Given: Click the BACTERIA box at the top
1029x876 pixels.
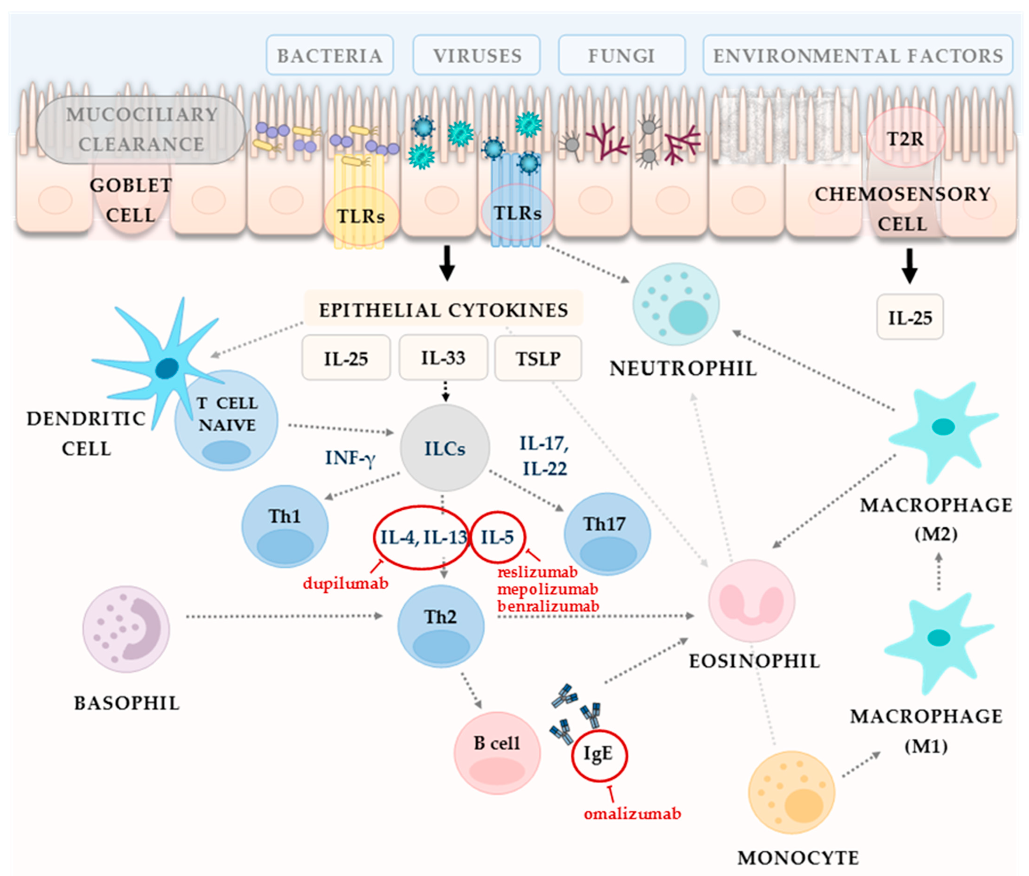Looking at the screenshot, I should [330, 55].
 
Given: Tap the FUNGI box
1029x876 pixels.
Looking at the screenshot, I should [622, 55].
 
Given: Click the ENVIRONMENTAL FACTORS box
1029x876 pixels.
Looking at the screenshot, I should [858, 55].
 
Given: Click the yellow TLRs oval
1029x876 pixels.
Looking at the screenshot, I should [361, 216].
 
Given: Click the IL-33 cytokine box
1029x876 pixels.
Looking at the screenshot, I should [443, 358].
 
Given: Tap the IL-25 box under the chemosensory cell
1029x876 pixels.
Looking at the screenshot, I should [910, 317].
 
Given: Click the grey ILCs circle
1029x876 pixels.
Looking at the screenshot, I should [445, 448].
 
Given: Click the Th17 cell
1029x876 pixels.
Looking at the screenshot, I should [607, 534].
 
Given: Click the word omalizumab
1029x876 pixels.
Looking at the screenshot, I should [632, 814].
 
